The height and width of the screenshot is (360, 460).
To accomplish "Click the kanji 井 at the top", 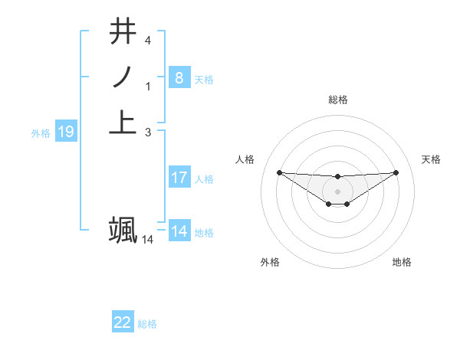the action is pyautogui.click(x=123, y=32).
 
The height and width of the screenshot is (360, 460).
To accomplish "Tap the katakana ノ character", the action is pyautogui.click(x=123, y=77).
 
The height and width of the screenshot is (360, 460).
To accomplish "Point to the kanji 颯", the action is pyautogui.click(x=123, y=230).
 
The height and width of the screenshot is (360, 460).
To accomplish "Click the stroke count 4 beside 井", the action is pyautogui.click(x=148, y=40).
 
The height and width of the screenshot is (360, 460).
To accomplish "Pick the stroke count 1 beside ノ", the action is pyautogui.click(x=148, y=86).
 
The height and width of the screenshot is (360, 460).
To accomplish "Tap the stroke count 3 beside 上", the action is pyautogui.click(x=148, y=132).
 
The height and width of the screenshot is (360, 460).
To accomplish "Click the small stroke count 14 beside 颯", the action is pyautogui.click(x=147, y=240).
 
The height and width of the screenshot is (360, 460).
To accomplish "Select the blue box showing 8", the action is pyautogui.click(x=179, y=77).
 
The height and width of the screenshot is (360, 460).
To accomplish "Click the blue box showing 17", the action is pyautogui.click(x=179, y=178).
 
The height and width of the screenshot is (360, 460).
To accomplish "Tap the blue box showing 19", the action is pyautogui.click(x=65, y=133).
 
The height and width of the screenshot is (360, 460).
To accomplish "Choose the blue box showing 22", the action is pyautogui.click(x=122, y=322).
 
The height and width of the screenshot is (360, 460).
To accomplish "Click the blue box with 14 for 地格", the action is pyautogui.click(x=179, y=231).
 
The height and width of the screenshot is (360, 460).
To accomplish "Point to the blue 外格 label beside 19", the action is pyautogui.click(x=41, y=133).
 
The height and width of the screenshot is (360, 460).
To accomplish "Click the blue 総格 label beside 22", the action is pyautogui.click(x=147, y=324).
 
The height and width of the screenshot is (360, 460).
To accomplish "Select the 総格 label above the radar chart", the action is pyautogui.click(x=337, y=100).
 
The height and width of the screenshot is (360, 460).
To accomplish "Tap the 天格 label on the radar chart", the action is pyautogui.click(x=431, y=159).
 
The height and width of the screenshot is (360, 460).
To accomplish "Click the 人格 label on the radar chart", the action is pyautogui.click(x=245, y=159).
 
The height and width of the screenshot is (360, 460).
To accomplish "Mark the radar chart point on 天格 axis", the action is pyautogui.click(x=396, y=172).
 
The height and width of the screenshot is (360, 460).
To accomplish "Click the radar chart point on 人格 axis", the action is pyautogui.click(x=279, y=172).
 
